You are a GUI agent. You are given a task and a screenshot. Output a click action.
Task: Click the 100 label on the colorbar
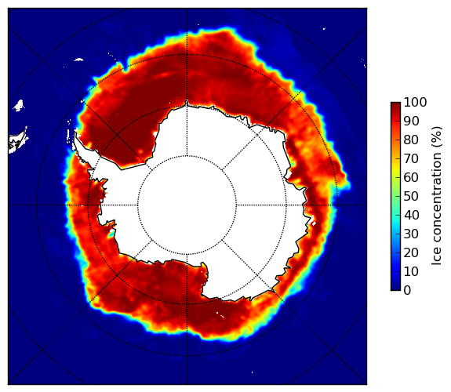(416, 102)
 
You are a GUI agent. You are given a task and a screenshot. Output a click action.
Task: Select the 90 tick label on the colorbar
(411, 121)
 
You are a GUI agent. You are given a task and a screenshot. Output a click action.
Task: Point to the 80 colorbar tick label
(411, 140)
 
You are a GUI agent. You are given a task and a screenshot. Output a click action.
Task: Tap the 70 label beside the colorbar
(411, 158)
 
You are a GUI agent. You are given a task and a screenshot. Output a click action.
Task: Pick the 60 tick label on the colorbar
(411, 177)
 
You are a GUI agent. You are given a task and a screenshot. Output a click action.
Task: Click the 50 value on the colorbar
(411, 197)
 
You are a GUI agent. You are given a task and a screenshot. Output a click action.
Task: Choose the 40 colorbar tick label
(411, 215)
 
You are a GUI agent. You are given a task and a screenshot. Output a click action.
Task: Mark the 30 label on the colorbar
(411, 234)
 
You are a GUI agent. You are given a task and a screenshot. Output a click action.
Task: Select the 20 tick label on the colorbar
(411, 252)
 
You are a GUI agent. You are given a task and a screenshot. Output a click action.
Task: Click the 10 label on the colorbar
(411, 271)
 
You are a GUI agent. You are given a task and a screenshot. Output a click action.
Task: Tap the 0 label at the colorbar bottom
(407, 291)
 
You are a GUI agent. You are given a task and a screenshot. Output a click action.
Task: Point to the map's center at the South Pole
(187, 205)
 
